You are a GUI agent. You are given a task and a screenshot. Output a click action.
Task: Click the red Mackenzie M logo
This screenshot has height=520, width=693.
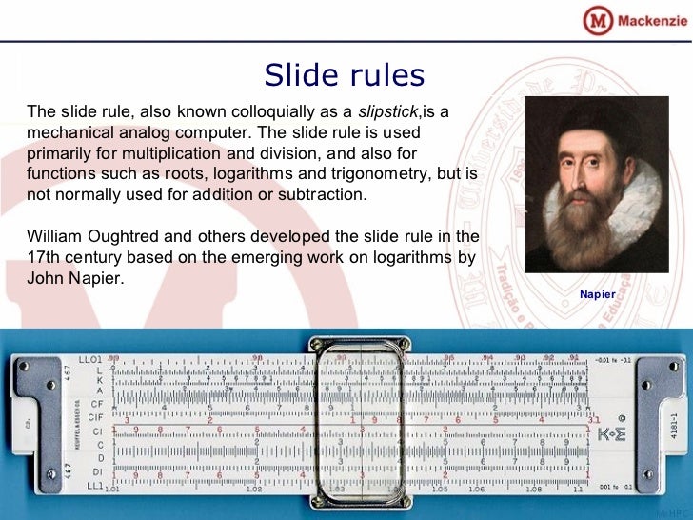click(596, 20)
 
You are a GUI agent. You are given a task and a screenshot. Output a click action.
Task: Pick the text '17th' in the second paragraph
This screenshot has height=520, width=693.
click(42, 257)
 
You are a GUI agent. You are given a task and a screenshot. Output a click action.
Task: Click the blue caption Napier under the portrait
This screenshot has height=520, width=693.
click(597, 294)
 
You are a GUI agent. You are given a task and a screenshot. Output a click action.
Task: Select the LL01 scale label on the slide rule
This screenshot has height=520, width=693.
click(90, 358)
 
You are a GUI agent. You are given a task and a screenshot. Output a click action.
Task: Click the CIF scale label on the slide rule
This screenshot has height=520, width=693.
click(95, 416)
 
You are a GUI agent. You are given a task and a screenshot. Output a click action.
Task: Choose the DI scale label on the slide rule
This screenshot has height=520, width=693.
click(97, 471)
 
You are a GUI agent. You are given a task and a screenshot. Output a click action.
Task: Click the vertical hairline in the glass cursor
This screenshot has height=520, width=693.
click(364, 419)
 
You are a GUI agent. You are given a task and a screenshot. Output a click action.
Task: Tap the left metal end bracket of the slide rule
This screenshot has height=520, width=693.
click(36, 424)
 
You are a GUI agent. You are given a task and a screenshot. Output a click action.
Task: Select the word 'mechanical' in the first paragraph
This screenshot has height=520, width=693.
click(65, 131)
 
